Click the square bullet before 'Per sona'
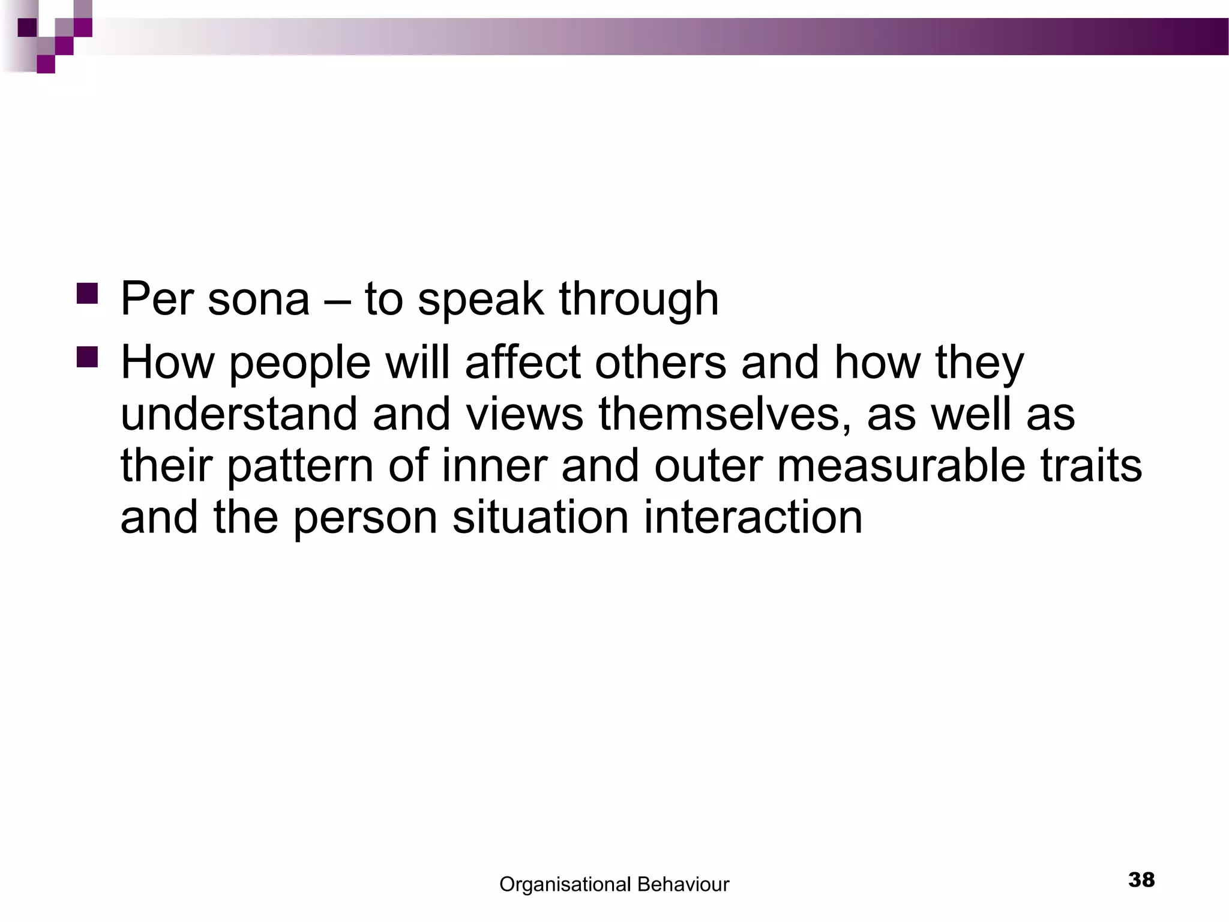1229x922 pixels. point(87,294)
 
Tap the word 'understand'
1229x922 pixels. point(238,414)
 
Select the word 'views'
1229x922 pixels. point(524,414)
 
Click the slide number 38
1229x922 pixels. point(1141,880)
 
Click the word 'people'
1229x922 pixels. point(300,364)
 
